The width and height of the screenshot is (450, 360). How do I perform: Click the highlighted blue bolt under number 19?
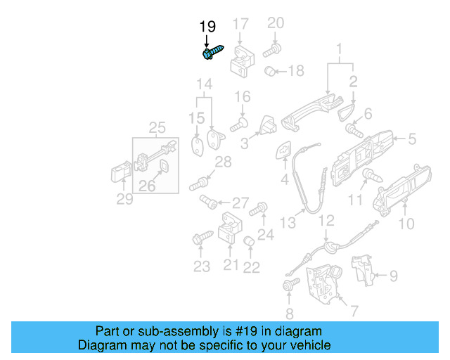point(212,52)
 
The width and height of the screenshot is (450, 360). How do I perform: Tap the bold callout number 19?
point(207,27)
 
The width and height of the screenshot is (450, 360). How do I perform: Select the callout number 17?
point(240,24)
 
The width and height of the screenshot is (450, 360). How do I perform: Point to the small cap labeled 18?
point(269,71)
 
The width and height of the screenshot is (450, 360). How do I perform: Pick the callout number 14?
point(203,86)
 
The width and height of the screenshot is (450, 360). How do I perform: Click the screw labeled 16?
point(238,124)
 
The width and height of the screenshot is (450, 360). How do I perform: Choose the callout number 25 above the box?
point(157,127)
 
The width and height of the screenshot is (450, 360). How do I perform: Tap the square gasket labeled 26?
point(164,167)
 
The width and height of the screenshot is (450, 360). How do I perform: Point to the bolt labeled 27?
point(209,202)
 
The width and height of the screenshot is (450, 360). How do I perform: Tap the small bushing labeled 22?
point(249,243)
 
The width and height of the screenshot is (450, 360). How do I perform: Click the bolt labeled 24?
point(259,207)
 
